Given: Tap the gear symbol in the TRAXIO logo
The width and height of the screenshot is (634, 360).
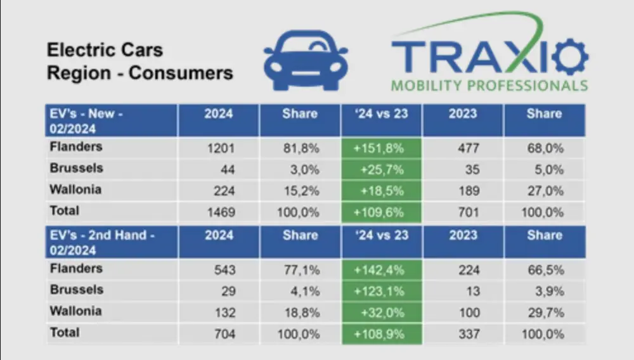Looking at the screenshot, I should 569,56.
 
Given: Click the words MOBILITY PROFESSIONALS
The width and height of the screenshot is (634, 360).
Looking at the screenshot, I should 489,85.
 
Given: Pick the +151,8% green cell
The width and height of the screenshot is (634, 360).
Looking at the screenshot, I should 382,149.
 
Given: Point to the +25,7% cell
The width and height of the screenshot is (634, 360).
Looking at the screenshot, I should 382,170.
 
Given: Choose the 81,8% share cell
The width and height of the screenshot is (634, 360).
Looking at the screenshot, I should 301,149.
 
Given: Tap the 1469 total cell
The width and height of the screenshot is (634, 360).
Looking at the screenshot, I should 219,211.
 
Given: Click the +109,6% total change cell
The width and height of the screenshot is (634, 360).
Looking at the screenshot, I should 382,211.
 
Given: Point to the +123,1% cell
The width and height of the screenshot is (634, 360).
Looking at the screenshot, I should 382,291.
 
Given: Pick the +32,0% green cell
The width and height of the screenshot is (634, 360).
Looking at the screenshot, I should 382,312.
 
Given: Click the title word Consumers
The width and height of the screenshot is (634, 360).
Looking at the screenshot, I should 181,73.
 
